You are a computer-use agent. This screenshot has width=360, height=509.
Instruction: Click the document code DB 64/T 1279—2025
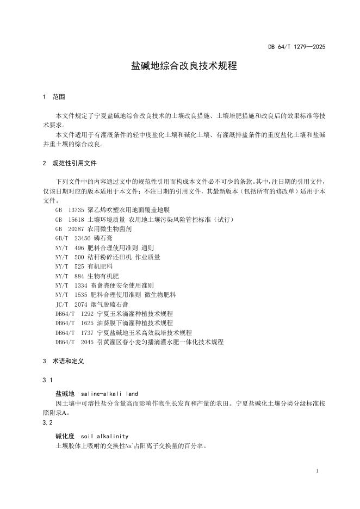(296, 47)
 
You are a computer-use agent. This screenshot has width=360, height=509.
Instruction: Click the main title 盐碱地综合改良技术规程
(184, 66)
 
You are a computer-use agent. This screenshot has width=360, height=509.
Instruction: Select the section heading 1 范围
(54, 97)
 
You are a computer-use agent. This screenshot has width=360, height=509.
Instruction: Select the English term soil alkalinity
(104, 436)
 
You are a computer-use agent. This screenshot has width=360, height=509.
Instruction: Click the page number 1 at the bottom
(317, 470)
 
